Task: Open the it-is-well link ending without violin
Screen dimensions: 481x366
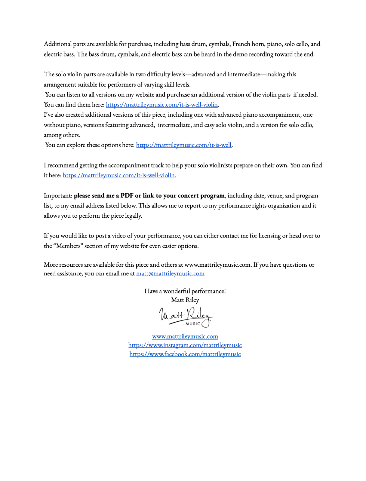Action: coord(184,145)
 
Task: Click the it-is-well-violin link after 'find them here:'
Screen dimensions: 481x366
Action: coord(162,105)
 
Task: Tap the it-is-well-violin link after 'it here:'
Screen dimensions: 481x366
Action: coord(118,175)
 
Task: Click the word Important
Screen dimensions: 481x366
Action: coord(58,196)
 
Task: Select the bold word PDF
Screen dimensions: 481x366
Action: coord(127,196)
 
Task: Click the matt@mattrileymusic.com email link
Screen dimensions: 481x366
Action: coord(170,274)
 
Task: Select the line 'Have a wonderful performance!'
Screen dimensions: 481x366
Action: coord(185,291)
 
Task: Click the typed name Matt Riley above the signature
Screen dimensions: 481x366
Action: coord(185,300)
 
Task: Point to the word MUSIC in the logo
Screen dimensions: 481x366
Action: coord(193,324)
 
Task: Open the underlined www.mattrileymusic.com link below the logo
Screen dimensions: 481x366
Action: coord(185,336)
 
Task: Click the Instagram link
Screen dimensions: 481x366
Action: coord(185,345)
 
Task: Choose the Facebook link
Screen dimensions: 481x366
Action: coord(185,354)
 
